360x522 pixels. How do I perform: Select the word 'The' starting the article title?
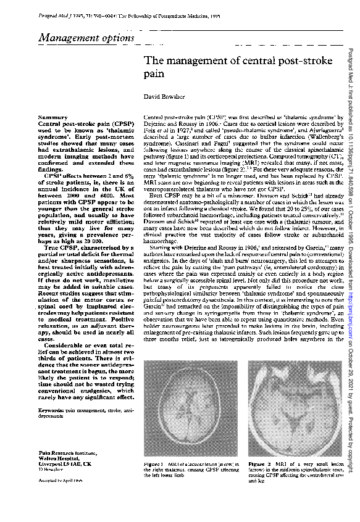[x=153, y=61]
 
